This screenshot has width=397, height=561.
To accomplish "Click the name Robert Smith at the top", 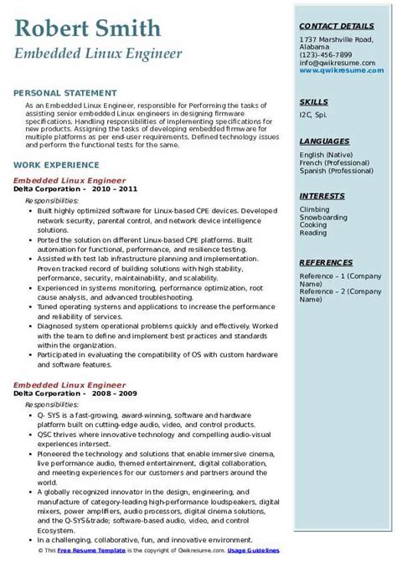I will [87, 29].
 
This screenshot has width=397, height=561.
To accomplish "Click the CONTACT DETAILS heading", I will [336, 27].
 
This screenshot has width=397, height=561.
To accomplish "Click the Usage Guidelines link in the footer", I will [257, 554].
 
